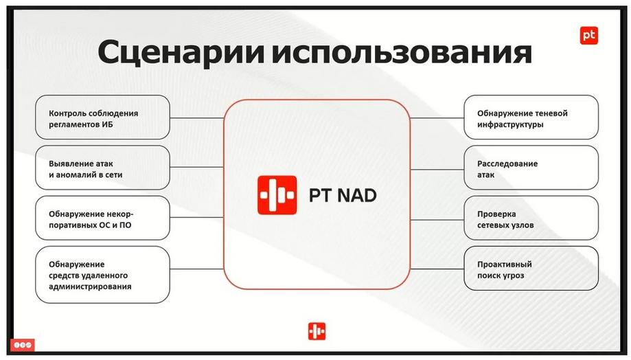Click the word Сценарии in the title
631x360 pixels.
[x=181, y=53]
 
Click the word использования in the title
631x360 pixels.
[x=402, y=53]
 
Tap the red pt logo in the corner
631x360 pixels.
[x=588, y=36]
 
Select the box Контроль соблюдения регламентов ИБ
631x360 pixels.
[x=102, y=117]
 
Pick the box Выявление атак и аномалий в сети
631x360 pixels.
[x=102, y=168]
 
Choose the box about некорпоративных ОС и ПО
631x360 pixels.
[x=102, y=218]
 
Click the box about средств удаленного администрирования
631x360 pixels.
[x=102, y=275]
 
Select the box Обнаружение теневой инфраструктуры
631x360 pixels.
[x=531, y=117]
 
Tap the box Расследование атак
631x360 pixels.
[x=531, y=168]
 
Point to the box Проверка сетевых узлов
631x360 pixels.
[x=531, y=218]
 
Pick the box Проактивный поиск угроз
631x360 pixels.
[x=531, y=268]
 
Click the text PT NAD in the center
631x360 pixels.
[x=343, y=195]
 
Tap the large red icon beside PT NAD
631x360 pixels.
[x=277, y=195]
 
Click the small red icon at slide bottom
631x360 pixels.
[x=317, y=331]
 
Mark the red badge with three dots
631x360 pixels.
[x=23, y=345]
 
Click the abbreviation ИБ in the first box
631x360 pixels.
[x=107, y=124]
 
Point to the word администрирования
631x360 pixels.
[x=90, y=286]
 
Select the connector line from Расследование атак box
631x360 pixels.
[x=437, y=170]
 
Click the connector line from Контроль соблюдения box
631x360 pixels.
[x=197, y=118]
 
